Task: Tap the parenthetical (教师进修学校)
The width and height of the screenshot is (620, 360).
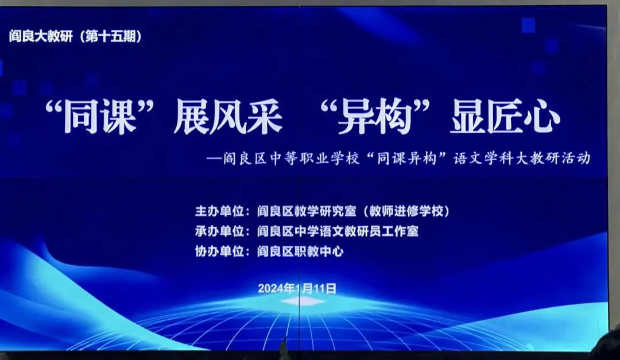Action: tap(405, 211)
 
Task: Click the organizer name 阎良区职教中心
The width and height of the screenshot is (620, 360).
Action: tap(300, 251)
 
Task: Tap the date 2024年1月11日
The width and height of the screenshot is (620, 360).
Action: tap(297, 288)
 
